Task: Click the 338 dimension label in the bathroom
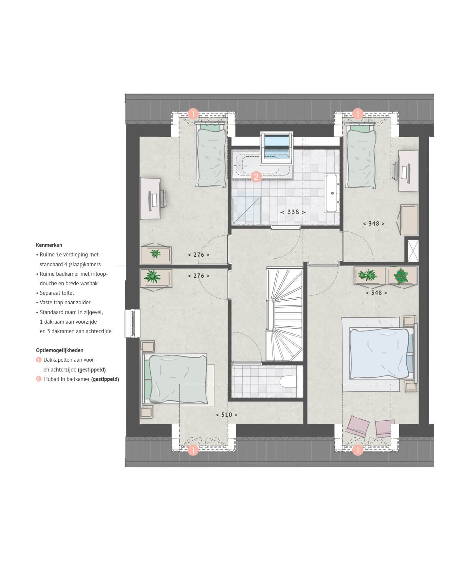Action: click(293, 212)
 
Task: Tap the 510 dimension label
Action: click(227, 415)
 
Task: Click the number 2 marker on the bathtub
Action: click(256, 177)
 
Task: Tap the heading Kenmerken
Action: click(49, 245)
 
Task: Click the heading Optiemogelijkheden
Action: click(60, 350)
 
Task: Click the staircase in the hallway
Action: click(284, 314)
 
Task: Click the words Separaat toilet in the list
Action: click(57, 293)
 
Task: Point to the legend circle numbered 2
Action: click(39, 379)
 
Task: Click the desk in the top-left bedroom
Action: click(150, 198)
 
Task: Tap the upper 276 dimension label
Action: click(199, 255)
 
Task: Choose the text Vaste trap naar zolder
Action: click(65, 302)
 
